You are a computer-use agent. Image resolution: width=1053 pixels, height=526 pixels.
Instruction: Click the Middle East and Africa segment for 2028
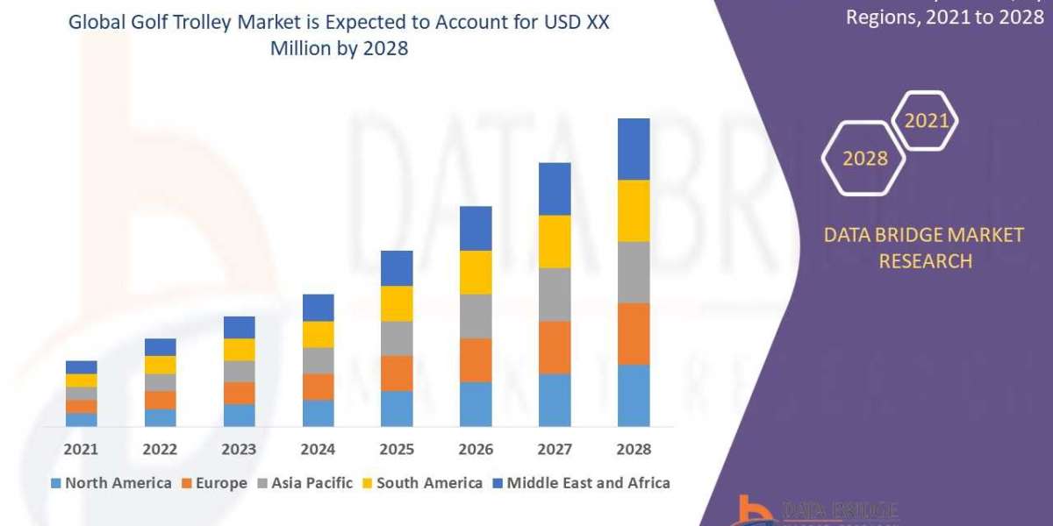(634, 149)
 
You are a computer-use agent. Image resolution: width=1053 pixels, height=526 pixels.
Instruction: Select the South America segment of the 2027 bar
(555, 241)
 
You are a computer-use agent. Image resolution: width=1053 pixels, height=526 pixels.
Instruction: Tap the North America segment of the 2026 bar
(476, 404)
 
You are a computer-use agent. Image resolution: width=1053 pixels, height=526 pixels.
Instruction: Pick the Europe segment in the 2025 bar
(397, 373)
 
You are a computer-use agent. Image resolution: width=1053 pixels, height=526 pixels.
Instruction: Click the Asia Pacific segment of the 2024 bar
(319, 360)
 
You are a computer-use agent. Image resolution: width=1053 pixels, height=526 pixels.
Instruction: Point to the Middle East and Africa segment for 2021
(82, 366)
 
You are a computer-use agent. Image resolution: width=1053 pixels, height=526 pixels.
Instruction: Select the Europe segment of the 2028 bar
(634, 333)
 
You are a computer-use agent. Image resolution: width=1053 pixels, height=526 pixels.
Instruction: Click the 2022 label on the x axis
(161, 449)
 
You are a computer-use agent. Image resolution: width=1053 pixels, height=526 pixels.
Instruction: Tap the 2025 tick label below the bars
(397, 449)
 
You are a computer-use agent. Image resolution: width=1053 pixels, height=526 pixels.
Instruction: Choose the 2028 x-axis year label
(634, 449)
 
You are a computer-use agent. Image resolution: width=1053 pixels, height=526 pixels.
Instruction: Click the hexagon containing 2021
(925, 121)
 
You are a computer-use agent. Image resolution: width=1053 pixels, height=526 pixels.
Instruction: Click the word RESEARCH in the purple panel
(925, 260)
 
